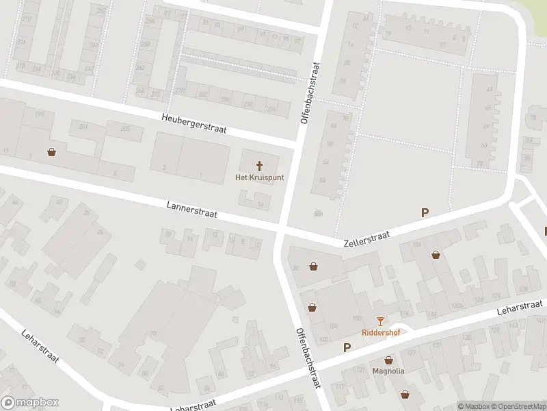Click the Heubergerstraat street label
coord(194,123)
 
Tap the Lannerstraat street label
coord(191,210)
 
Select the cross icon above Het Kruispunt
coord(259,165)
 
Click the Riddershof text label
coord(380,332)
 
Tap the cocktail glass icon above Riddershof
coord(380,321)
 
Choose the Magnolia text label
coord(388,371)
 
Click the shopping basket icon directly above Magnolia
coord(389,360)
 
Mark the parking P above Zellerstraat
coord(425,213)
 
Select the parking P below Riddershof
coord(347,347)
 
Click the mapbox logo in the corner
coord(30,403)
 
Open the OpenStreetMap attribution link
coord(518,406)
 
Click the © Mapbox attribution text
coord(474,406)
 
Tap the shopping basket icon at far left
coord(51,152)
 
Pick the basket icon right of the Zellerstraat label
coord(436,255)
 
